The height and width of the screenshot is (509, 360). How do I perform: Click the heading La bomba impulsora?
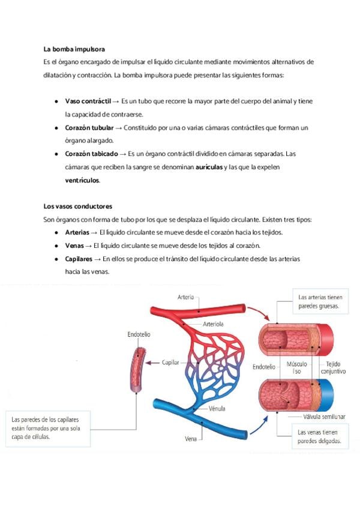[x=74, y=49]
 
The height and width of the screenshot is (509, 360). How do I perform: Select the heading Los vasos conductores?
[x=77, y=206]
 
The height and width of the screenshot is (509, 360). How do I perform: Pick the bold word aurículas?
[x=209, y=167]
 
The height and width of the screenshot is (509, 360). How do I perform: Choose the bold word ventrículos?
[x=83, y=180]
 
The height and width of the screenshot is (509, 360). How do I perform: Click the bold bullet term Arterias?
[x=77, y=232]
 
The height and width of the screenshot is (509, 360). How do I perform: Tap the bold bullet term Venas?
[x=74, y=245]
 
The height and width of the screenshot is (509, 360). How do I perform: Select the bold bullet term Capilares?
[x=79, y=259]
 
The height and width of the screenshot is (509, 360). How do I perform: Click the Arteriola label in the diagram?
[x=213, y=324]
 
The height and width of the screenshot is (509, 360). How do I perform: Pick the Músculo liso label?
[x=297, y=368]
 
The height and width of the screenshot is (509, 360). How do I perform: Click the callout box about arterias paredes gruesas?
[x=319, y=301]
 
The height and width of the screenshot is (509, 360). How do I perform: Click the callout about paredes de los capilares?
[x=47, y=428]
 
